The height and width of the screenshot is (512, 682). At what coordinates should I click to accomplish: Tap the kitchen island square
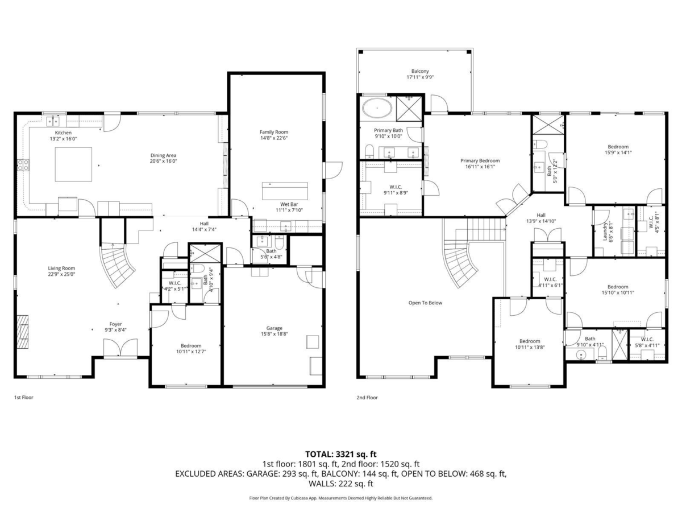[x=73, y=164]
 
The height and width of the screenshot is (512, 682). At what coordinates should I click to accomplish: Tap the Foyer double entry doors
[x=120, y=347]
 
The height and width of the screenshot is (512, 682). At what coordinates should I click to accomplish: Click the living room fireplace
[x=23, y=331]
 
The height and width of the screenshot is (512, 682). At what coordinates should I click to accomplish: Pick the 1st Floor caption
[x=24, y=398]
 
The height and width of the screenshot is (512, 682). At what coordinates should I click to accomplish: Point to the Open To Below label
[x=425, y=303]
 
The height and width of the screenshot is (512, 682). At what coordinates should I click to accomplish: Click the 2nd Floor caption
[x=367, y=398]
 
